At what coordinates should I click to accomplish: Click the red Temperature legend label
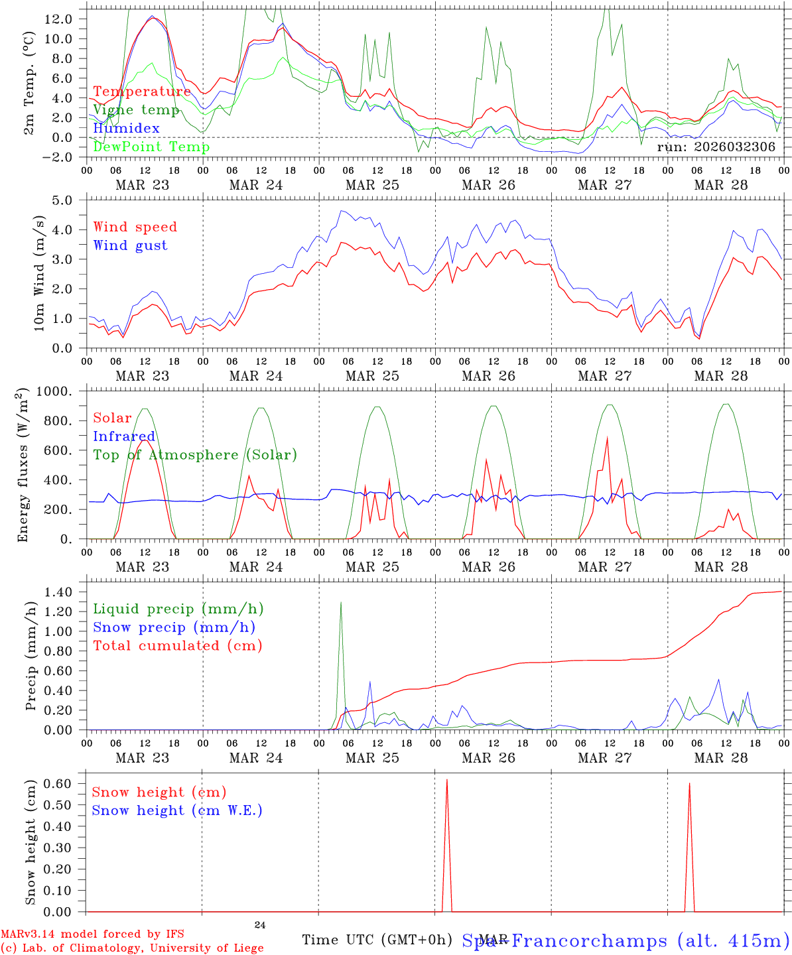[142, 92]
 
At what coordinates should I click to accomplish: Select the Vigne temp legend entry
[136, 109]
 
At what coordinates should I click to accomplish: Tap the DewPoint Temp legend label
[151, 147]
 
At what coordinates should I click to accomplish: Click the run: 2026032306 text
[716, 147]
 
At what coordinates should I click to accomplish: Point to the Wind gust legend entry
[130, 245]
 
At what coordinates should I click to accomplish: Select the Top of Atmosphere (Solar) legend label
[195, 455]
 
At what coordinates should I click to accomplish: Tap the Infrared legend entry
[124, 436]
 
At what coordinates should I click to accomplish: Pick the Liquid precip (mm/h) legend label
[178, 609]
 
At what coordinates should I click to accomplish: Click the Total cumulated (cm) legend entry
[178, 645]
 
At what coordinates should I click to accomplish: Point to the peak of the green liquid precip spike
[341, 602]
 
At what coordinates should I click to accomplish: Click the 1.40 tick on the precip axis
[66, 592]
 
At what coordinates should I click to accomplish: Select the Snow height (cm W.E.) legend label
[177, 810]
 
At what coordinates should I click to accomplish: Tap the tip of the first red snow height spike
[447, 780]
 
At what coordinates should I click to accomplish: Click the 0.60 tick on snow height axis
[66, 783]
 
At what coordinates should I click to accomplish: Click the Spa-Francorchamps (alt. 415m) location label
[626, 940]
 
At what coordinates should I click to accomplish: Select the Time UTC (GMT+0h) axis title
[377, 940]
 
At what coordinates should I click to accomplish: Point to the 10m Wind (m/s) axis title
[40, 273]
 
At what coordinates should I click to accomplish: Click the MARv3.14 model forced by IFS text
[93, 934]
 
